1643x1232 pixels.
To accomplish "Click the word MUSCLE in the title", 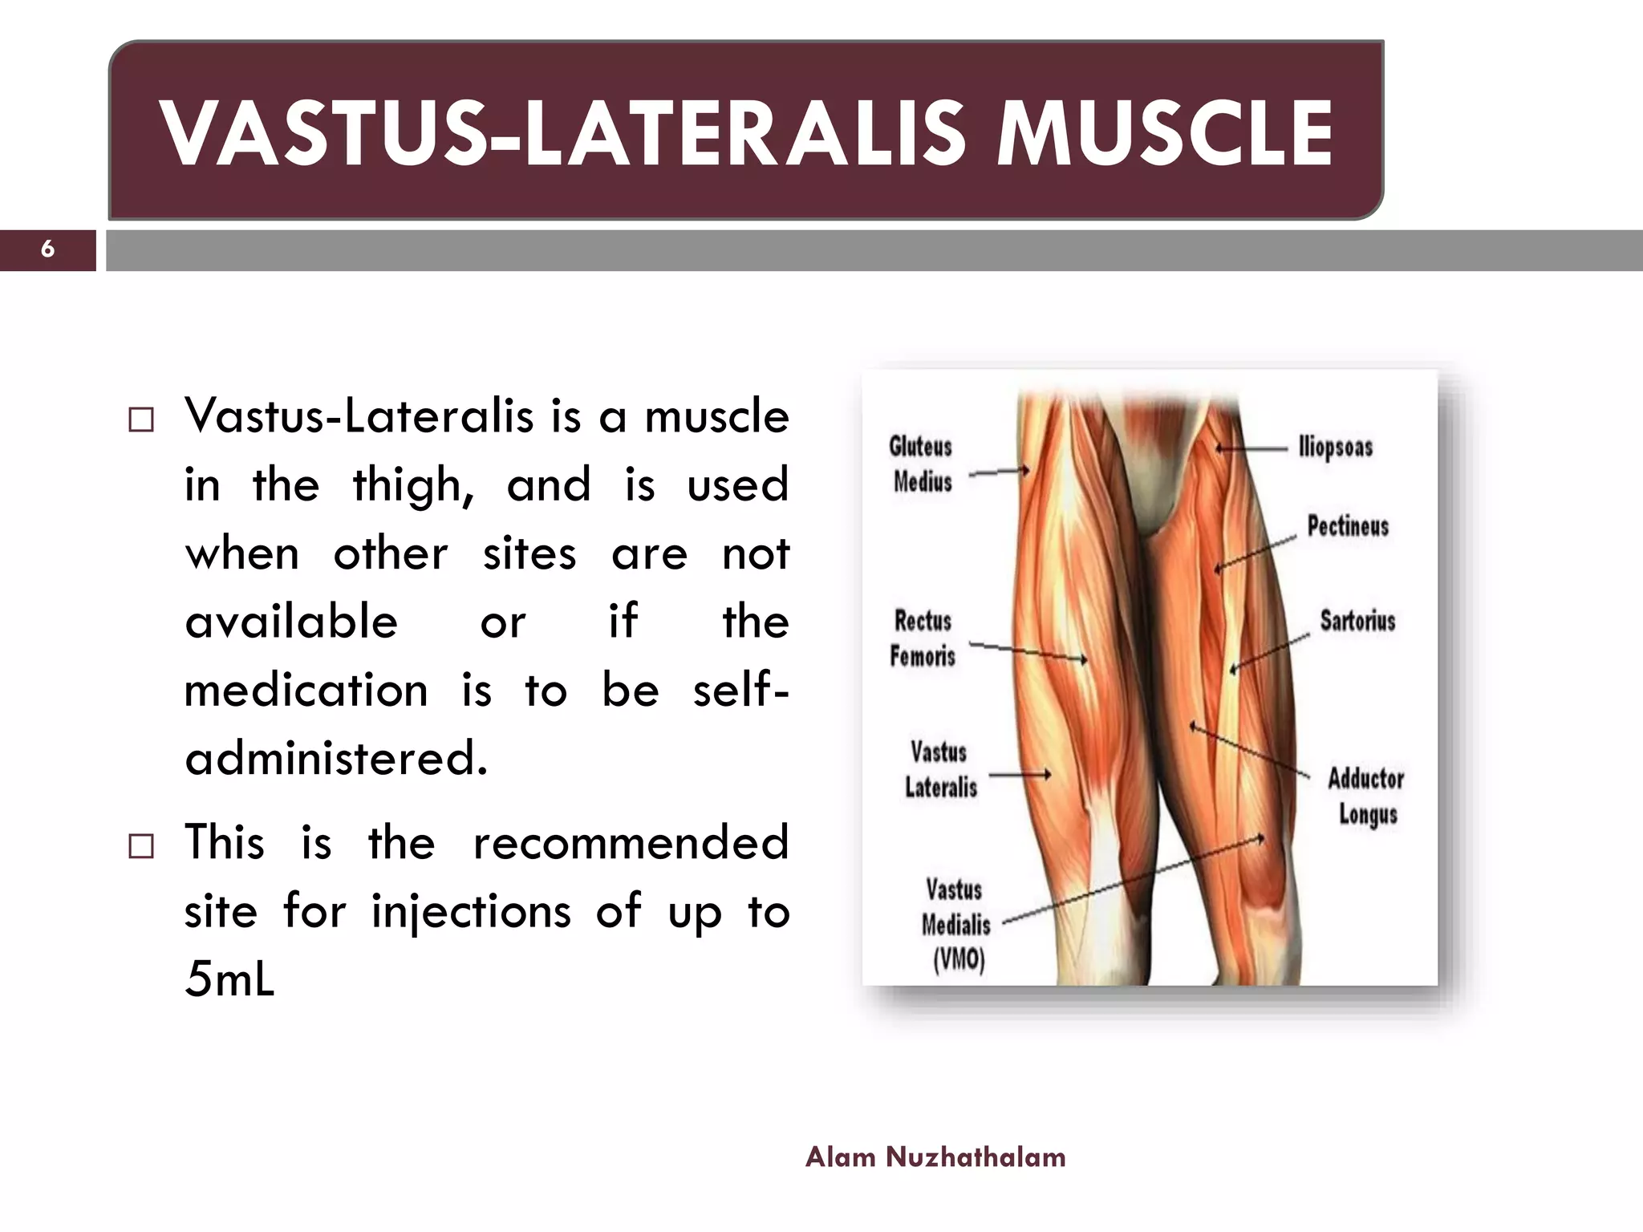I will point(1164,133).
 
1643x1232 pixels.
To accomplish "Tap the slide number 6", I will point(47,249).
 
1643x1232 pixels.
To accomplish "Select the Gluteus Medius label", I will point(922,464).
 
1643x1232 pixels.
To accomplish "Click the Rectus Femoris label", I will point(923,638).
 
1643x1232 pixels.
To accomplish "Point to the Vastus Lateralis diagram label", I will point(940,770).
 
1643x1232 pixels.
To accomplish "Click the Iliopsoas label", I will point(1336,448).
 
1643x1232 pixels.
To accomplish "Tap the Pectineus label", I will point(1348,526).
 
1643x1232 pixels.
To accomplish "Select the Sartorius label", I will point(1357,621).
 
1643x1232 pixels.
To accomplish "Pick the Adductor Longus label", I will point(1366,796).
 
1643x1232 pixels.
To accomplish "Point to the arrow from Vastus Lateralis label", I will point(1020,775).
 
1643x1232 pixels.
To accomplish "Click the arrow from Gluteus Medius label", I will point(999,472).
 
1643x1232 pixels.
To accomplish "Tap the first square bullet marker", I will point(141,420).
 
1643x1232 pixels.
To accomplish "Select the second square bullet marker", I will point(141,846).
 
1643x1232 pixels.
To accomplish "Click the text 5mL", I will point(229,979).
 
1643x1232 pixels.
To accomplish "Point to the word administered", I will point(336,758).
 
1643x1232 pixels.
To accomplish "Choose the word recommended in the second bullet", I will point(631,843).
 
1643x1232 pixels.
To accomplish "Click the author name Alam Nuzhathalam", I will point(935,1157).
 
